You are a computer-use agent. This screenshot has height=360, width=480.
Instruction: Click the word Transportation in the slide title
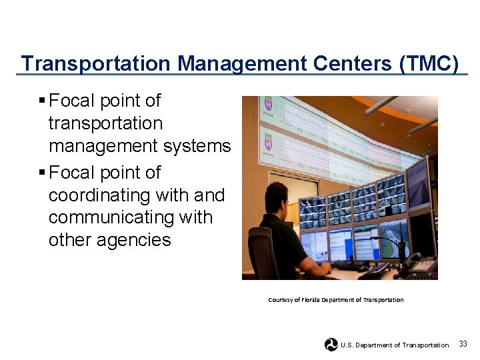(x=96, y=64)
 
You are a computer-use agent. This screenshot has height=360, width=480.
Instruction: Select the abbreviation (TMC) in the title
(x=429, y=64)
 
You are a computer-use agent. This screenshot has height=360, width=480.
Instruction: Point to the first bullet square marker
(x=42, y=101)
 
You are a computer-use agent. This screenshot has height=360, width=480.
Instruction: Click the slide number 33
(x=463, y=344)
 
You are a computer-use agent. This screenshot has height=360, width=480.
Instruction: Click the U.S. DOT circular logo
(x=331, y=345)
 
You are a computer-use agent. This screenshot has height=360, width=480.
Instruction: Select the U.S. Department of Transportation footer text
(x=395, y=345)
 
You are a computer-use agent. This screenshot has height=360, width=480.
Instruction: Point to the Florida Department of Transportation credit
(x=335, y=300)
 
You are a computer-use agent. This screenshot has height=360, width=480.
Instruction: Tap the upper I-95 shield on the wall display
(x=268, y=105)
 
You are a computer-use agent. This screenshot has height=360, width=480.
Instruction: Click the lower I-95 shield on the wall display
(x=268, y=143)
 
